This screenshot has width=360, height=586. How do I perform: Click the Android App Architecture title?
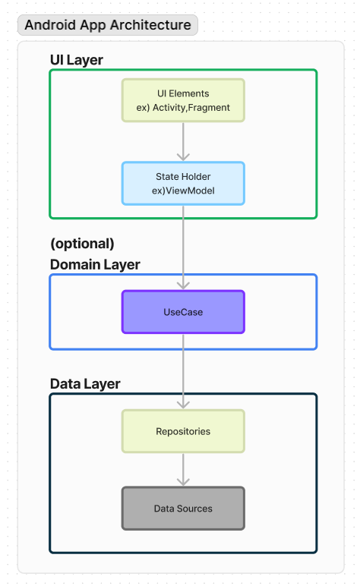point(108,25)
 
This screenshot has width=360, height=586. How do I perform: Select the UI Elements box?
point(183,100)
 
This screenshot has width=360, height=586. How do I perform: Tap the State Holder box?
point(183,183)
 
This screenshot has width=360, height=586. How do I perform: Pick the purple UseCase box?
point(183,312)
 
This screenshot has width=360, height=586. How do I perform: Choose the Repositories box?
point(183,431)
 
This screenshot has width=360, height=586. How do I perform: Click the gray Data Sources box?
point(183,509)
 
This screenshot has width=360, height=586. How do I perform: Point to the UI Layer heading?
point(77,60)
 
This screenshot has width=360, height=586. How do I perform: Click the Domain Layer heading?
point(95,265)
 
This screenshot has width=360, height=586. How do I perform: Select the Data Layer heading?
point(85,384)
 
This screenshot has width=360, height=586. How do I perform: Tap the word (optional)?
point(82,244)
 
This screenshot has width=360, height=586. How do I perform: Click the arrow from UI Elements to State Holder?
point(183,142)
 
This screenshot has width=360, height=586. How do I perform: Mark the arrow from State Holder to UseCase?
point(183,247)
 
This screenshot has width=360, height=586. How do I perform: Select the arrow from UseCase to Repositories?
point(183,372)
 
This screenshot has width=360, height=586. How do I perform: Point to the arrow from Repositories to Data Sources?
point(183,470)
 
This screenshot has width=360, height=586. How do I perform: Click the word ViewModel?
point(191,191)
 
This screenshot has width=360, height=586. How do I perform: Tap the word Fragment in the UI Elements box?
point(209,108)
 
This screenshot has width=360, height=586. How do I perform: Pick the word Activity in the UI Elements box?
point(169,108)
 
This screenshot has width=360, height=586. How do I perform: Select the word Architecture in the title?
point(150,25)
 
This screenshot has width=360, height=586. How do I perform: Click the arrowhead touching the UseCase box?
point(183,286)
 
